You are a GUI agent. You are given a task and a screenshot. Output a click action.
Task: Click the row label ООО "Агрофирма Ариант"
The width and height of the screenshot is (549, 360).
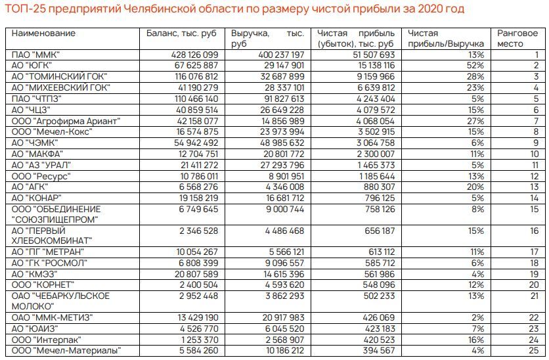[x=58, y=121]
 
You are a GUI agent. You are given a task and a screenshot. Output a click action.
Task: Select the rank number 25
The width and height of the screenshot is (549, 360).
[x=535, y=351]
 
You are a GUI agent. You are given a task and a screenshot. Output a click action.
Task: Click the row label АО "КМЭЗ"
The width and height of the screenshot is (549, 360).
[x=35, y=274]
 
